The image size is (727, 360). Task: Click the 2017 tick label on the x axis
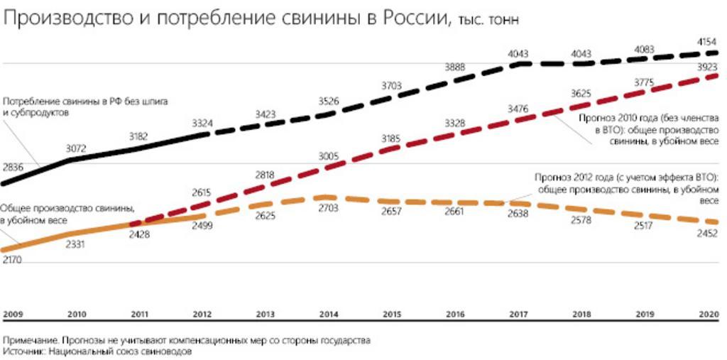pos(520,314)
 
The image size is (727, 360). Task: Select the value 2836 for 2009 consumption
pos(13,167)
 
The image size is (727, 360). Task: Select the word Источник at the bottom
pos(23,351)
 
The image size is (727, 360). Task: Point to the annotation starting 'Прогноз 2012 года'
pos(629,189)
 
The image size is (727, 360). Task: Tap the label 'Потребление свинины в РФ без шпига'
pos(86,102)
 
